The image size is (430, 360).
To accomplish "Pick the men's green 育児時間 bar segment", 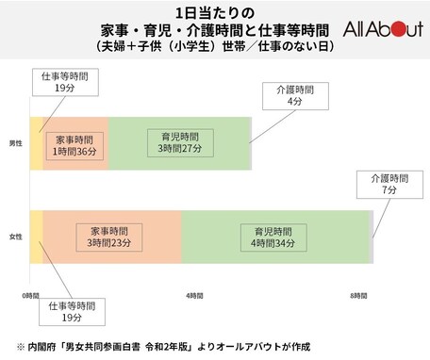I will click(179, 143).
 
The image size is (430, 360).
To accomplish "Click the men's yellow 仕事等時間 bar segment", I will click(37, 143).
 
